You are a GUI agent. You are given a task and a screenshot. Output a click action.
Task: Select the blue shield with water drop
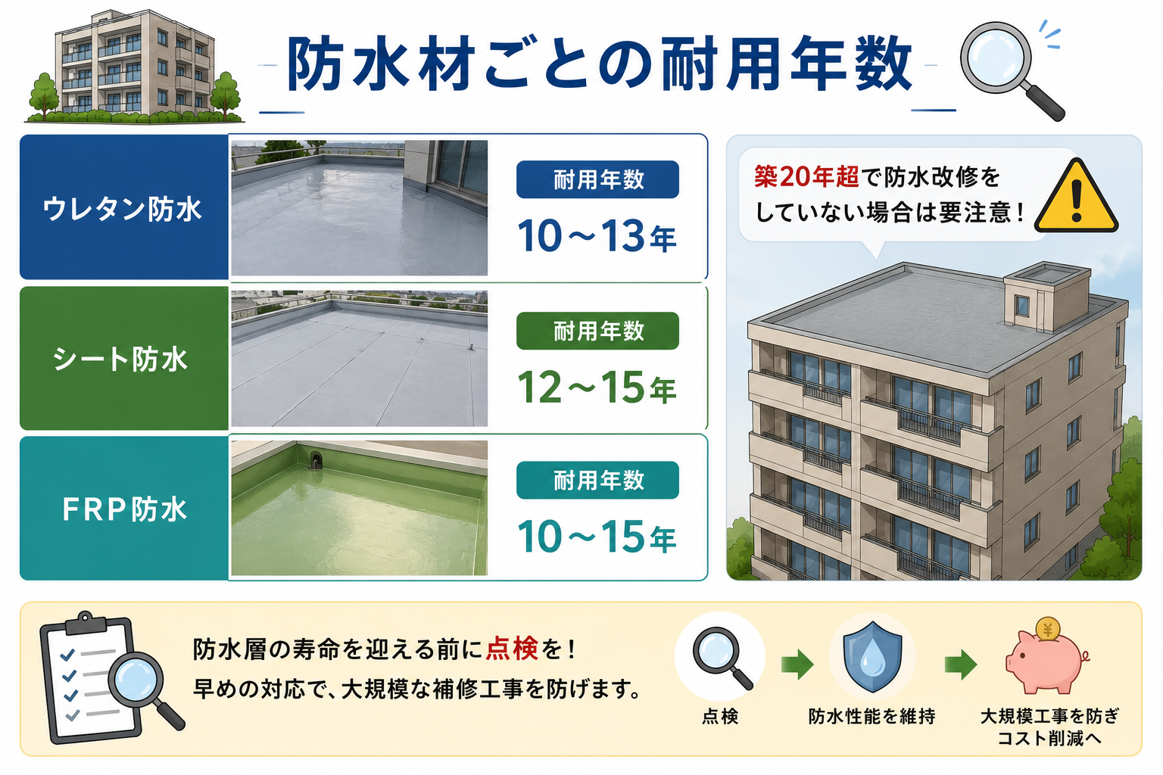click(x=872, y=657)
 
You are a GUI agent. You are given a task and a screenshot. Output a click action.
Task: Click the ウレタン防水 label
click(x=122, y=209)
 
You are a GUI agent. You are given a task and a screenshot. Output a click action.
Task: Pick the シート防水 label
click(x=120, y=359)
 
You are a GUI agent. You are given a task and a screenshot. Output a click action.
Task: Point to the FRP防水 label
click(x=124, y=509)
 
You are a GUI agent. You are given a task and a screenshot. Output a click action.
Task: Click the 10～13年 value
click(x=597, y=236)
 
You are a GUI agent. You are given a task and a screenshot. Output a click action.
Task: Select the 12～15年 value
click(x=597, y=387)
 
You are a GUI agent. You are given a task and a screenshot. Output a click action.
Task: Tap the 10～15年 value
click(x=597, y=537)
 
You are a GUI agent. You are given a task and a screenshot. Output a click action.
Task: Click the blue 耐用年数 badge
click(x=597, y=179)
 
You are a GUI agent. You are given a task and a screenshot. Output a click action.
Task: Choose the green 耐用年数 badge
click(x=597, y=331)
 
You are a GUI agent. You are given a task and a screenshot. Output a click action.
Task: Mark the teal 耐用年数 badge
click(x=597, y=480)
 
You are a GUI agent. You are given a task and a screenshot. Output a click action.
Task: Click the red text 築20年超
click(x=806, y=177)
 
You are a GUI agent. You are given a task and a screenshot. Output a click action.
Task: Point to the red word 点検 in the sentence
click(x=512, y=649)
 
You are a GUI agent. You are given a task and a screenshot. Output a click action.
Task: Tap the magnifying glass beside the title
click(x=1010, y=70)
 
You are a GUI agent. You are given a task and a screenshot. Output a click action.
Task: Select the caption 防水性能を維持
click(x=871, y=716)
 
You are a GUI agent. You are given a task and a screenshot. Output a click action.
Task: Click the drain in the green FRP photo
click(x=316, y=460)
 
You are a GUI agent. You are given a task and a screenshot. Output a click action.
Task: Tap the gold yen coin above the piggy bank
click(x=1048, y=630)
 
